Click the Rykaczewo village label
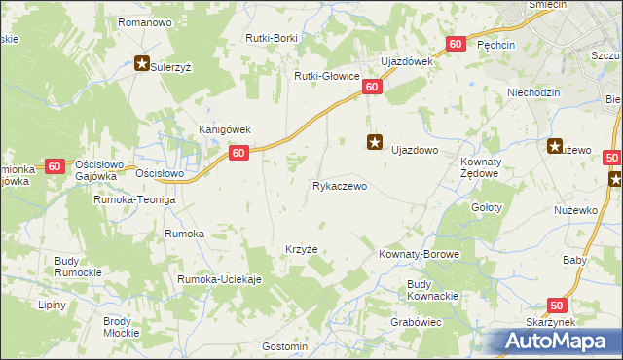click(339, 186)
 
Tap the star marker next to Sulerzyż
click(142, 65)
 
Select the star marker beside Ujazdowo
click(375, 143)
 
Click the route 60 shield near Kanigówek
click(238, 153)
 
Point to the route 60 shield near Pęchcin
click(456, 45)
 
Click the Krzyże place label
click(301, 249)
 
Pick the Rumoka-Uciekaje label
click(220, 279)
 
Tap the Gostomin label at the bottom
click(285, 346)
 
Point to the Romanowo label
click(144, 21)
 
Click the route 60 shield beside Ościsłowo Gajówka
click(55, 166)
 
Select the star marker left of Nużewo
click(555, 147)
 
